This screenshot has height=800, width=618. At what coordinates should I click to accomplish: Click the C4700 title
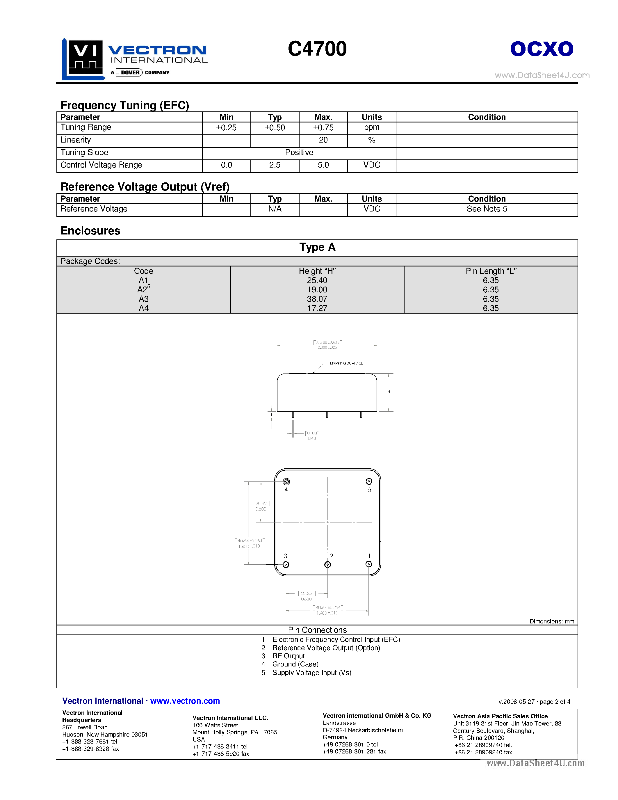pyautogui.click(x=317, y=49)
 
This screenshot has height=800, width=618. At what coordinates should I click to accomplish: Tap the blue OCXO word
pyautogui.click(x=542, y=49)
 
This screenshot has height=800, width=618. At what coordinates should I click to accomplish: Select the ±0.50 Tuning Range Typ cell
pyautogui.click(x=275, y=128)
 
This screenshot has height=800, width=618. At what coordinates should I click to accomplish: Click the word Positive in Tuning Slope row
pyautogui.click(x=299, y=152)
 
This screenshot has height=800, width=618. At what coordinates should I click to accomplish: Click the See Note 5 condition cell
pyautogui.click(x=487, y=209)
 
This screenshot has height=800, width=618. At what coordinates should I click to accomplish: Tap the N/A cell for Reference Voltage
pyautogui.click(x=275, y=209)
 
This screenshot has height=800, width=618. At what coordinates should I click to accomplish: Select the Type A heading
pyautogui.click(x=317, y=247)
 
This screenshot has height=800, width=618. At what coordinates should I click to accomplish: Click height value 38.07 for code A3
pyautogui.click(x=317, y=299)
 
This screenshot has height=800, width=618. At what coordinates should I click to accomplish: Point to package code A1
pyautogui.click(x=143, y=280)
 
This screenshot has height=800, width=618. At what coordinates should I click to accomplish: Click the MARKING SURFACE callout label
pyautogui.click(x=346, y=363)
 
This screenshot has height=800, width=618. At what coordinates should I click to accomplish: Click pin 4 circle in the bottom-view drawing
pyautogui.click(x=286, y=481)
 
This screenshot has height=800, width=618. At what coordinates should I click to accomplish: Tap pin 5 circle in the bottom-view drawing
pyautogui.click(x=369, y=481)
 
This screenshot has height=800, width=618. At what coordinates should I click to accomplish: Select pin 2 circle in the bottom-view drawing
pyautogui.click(x=328, y=564)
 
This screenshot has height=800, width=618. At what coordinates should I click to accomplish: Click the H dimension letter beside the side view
pyautogui.click(x=389, y=392)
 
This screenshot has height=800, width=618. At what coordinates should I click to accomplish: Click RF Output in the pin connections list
pyautogui.click(x=288, y=656)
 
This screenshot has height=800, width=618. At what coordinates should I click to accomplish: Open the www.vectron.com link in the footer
pyautogui.click(x=185, y=701)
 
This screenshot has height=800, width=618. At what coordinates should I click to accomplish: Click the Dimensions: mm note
pyautogui.click(x=551, y=622)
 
